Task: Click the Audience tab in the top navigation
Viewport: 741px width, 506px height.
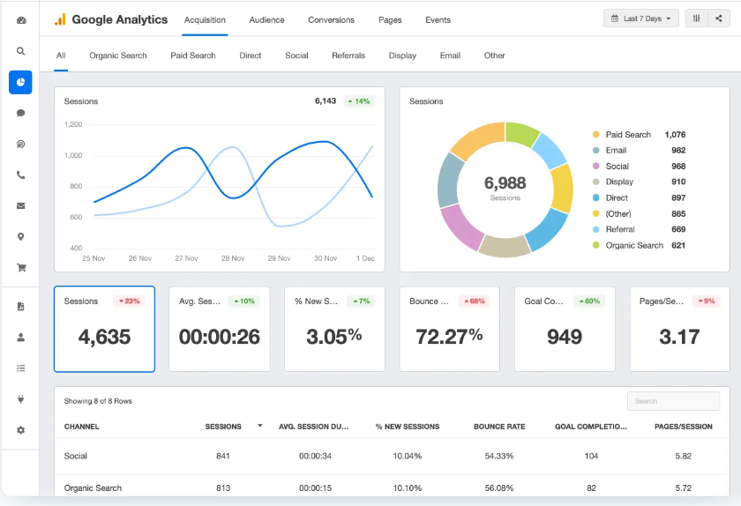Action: tap(266, 19)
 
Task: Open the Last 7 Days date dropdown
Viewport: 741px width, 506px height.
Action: tap(641, 19)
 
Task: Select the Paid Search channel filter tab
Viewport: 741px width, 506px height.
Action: tap(193, 56)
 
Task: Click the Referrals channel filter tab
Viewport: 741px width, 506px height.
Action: tap(348, 56)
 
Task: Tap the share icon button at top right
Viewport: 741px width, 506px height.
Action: tap(719, 19)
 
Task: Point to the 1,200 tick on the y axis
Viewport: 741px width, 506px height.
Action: tap(73, 124)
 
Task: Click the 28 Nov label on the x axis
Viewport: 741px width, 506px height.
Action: tap(232, 258)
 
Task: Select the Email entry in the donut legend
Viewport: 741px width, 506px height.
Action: tap(616, 151)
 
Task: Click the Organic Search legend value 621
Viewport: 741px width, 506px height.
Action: tap(677, 245)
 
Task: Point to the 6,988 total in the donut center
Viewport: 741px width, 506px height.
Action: tap(505, 183)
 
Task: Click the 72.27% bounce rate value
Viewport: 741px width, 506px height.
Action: tap(449, 336)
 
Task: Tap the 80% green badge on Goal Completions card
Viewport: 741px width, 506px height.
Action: tap(588, 301)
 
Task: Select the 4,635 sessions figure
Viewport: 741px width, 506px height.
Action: tap(104, 337)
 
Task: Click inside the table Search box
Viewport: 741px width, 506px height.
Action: tap(673, 401)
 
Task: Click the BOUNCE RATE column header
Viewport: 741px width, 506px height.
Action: tap(499, 427)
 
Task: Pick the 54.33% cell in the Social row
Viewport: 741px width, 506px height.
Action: tap(499, 456)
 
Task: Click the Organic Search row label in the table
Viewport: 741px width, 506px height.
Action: tap(93, 487)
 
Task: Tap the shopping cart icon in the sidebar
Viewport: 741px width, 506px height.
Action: tap(20, 267)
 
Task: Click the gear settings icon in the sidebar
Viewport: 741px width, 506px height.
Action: tap(20, 430)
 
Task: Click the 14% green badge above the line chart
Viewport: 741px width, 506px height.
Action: tap(359, 101)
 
